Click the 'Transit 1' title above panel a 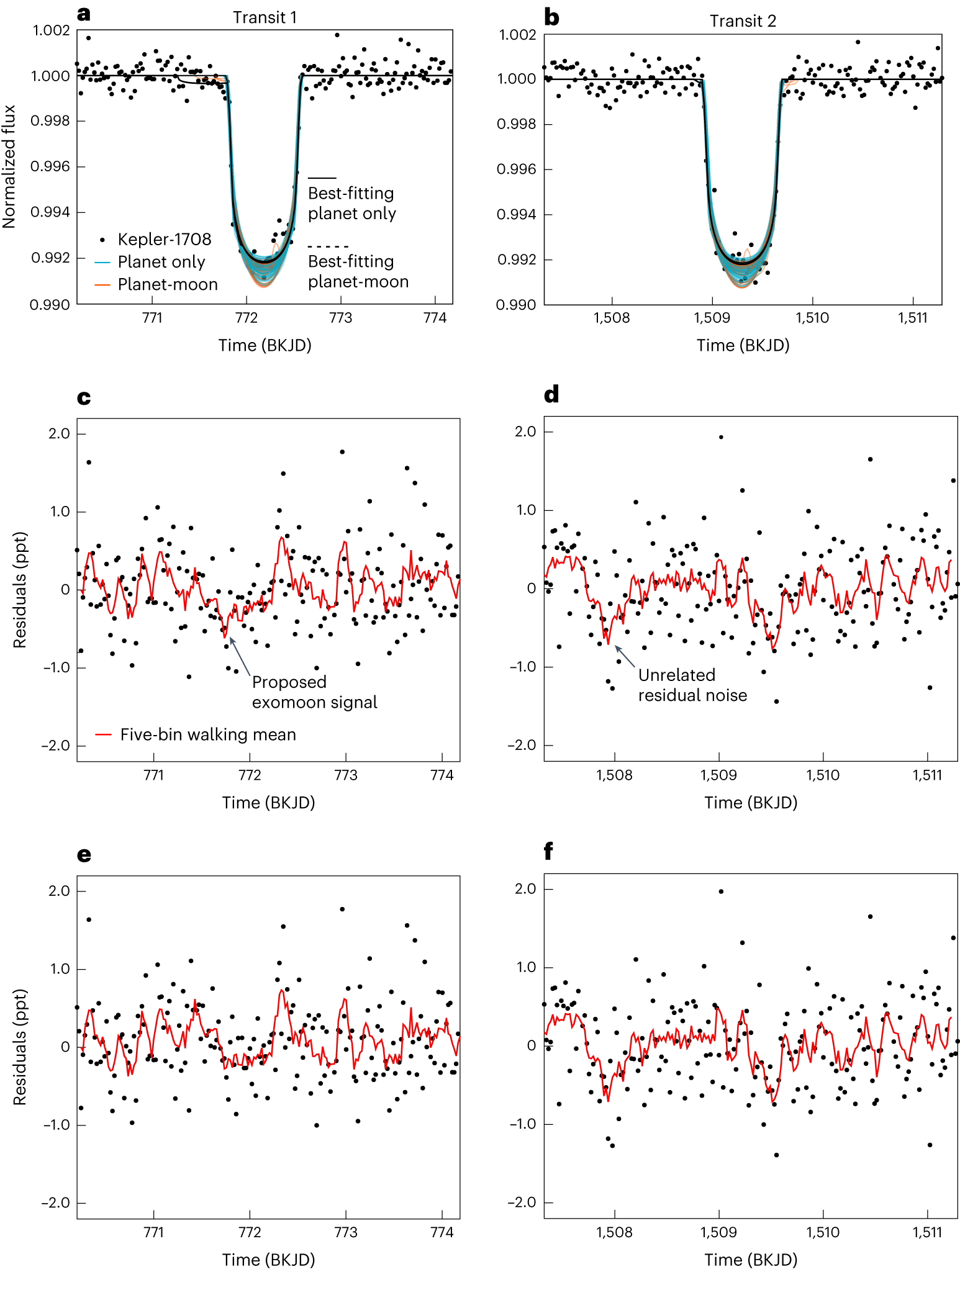click(265, 17)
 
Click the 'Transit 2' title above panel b click(743, 21)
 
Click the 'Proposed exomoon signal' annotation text click(314, 692)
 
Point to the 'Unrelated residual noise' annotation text click(692, 685)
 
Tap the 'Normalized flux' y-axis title click(9, 166)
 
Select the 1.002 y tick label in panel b click(517, 35)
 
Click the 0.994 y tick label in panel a click(50, 212)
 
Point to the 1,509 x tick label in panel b click(712, 318)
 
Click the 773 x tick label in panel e click(346, 1232)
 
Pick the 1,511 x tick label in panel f click(927, 1232)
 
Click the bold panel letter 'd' click(551, 394)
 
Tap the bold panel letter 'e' click(84, 855)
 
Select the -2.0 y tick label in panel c click(56, 745)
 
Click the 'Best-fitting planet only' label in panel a click(351, 203)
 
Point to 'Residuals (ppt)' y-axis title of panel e click(20, 1047)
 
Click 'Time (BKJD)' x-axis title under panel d click(750, 803)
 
